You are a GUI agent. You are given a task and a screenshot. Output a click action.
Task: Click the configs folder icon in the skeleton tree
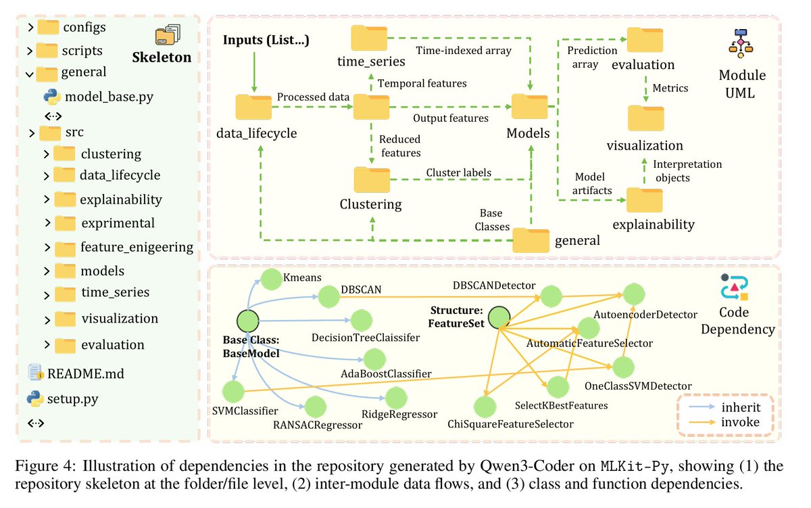(48, 27)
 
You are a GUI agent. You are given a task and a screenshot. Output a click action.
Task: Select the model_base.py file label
(109, 97)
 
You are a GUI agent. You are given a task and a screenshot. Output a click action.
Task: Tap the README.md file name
(86, 373)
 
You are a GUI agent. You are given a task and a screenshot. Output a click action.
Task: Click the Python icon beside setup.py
(35, 398)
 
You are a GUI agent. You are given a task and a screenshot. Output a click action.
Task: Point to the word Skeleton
(162, 57)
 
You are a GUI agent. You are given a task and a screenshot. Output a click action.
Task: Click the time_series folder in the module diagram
(369, 38)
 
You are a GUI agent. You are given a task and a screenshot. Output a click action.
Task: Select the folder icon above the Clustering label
(372, 180)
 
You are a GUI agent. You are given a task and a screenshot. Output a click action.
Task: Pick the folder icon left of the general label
(531, 240)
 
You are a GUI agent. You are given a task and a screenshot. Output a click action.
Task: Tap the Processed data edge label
(313, 97)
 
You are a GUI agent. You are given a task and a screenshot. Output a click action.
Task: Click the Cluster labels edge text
(458, 172)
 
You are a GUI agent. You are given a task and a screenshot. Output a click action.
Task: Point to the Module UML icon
(741, 43)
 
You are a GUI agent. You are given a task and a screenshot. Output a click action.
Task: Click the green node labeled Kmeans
(272, 279)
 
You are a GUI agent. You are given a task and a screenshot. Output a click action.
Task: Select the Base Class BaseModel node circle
(248, 321)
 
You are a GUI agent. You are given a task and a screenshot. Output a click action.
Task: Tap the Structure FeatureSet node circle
(499, 317)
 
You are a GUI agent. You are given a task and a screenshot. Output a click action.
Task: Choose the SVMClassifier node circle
(234, 392)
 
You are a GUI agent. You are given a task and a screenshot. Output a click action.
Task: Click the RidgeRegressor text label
(399, 414)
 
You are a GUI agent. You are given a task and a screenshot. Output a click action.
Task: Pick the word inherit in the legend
(741, 408)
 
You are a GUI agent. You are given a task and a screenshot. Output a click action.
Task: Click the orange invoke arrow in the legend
(702, 422)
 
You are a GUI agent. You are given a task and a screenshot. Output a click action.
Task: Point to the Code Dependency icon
(734, 287)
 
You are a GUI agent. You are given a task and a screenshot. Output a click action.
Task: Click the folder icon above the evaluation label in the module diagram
(645, 40)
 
